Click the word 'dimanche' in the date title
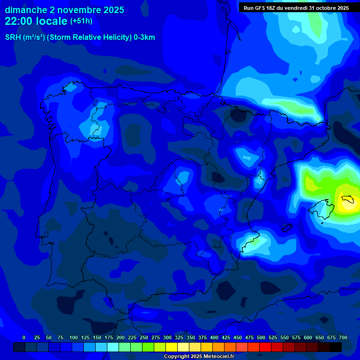click(25, 10)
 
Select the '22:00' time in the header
click(19, 21)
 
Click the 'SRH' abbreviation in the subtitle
click(13, 37)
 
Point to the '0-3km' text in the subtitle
click(144, 37)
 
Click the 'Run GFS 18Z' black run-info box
click(296, 7)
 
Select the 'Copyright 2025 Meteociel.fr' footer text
click(199, 357)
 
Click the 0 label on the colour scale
click(24, 337)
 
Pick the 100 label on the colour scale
click(74, 337)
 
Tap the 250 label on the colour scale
click(144, 337)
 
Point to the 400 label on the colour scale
click(214, 337)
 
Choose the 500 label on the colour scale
click(261, 337)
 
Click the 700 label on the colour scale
click(343, 337)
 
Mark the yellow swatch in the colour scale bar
click(172, 347)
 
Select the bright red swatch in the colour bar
click(265, 347)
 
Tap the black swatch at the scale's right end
click(336, 347)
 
